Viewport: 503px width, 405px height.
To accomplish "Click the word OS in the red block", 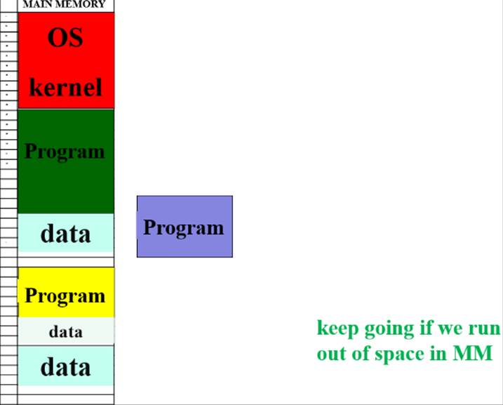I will pos(65,37).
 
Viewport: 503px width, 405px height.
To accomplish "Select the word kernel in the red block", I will pos(65,88).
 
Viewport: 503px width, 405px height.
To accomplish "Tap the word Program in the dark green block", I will pos(65,151).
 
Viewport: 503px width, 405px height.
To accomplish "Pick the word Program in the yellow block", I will pos(65,296).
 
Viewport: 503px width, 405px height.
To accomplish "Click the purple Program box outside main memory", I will pos(184,227).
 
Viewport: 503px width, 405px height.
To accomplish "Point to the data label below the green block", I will pos(65,233).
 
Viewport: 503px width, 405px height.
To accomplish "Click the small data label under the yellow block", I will pos(65,331).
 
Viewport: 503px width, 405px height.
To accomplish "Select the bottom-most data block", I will pos(65,366).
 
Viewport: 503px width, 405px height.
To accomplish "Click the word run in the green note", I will pos(484,328).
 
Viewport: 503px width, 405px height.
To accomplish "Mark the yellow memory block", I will pos(65,292).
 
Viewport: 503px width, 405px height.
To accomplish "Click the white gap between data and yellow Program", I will pos(65,260).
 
